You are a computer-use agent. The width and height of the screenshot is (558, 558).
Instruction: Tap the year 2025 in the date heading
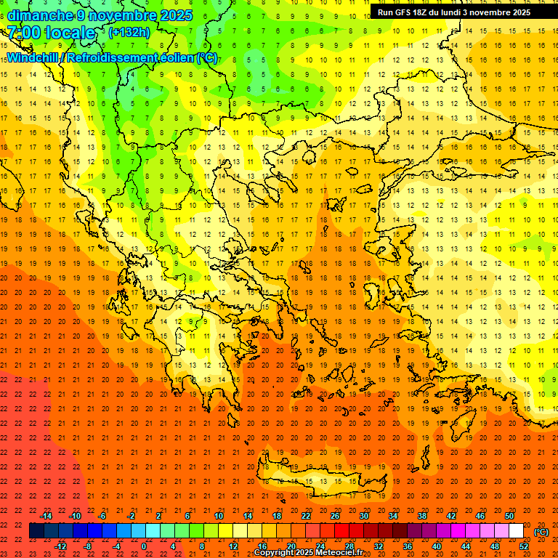[174, 15]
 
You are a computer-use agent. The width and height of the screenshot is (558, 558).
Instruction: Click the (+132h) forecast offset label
[129, 33]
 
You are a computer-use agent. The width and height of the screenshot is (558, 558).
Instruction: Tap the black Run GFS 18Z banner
[453, 12]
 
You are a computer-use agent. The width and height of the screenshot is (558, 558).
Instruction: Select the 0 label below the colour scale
[145, 546]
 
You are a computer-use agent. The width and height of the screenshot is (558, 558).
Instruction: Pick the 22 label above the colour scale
[306, 516]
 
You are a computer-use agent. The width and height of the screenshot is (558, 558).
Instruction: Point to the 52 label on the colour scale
[524, 546]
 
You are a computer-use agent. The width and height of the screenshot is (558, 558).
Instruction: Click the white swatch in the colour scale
[517, 531]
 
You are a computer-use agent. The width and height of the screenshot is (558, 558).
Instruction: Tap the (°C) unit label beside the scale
[541, 532]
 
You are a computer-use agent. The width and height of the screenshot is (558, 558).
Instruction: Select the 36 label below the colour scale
[408, 546]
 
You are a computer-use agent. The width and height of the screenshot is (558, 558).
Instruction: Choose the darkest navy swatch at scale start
[37, 531]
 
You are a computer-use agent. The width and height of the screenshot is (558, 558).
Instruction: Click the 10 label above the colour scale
[219, 516]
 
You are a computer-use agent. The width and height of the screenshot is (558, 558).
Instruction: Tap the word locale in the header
[70, 33]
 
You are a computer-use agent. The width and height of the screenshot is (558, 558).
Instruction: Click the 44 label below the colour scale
[466, 546]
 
